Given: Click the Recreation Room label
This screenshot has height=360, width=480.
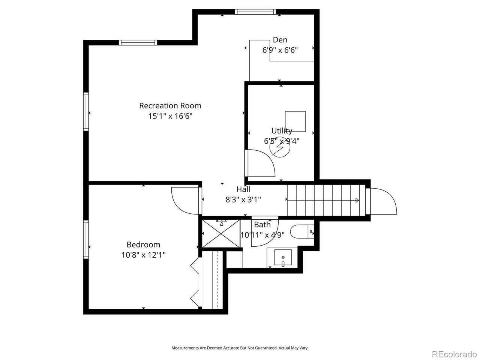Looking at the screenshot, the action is [x=170, y=106].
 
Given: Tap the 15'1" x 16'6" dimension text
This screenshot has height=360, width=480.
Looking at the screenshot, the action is [x=170, y=116].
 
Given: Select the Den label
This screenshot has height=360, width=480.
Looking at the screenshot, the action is [x=280, y=40].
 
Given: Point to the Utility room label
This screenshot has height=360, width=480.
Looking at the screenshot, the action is [x=282, y=131].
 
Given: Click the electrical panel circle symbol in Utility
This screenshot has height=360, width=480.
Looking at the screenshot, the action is [x=280, y=147].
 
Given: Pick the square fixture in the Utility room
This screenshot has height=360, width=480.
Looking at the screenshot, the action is [x=295, y=121].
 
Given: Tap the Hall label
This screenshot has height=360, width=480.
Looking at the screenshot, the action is [x=243, y=189].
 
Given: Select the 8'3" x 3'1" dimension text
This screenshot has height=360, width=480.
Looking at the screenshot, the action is [x=243, y=199].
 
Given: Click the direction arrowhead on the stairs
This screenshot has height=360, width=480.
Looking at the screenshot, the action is [x=357, y=200].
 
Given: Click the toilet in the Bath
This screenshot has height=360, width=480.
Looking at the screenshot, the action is [x=302, y=231].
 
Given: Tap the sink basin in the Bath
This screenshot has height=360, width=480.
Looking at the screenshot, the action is [x=283, y=257].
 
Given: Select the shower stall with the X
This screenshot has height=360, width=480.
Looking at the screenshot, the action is [x=221, y=234].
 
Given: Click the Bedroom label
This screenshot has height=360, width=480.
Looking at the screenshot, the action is [x=144, y=244].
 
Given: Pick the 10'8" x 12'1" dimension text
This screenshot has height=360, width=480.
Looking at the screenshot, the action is [x=144, y=255].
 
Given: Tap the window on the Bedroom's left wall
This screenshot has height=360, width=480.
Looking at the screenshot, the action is [x=86, y=240].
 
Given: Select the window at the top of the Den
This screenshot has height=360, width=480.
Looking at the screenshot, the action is [x=255, y=12].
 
